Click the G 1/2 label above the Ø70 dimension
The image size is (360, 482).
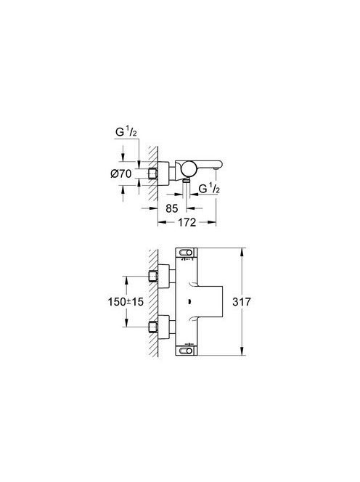(126, 132)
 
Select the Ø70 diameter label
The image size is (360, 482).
(120, 174)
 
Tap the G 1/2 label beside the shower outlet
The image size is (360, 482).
(209, 189)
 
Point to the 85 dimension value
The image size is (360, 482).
(172, 208)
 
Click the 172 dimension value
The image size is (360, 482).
(187, 222)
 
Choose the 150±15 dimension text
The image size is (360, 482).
(126, 301)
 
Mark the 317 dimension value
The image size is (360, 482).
(242, 301)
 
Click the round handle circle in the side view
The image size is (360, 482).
(188, 168)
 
